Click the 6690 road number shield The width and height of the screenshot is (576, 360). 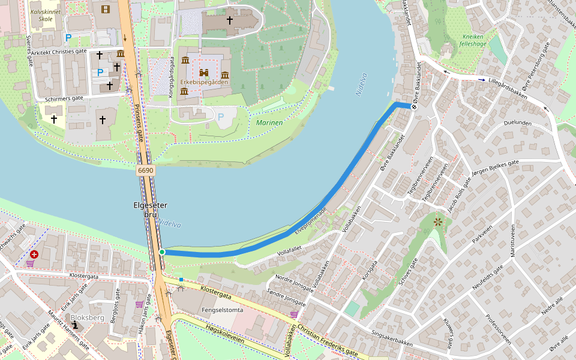click(146, 170)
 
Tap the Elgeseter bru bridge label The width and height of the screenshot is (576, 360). click(150, 210)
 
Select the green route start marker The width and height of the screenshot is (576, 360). click(162, 252)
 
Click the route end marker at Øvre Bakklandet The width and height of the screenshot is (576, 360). click(414, 107)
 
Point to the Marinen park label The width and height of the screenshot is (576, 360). click(269, 122)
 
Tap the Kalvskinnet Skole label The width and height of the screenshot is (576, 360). click(45, 15)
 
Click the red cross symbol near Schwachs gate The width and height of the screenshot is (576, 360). click(34, 254)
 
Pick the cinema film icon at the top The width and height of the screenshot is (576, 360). click(106, 8)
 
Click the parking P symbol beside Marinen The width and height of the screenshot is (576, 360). click(220, 116)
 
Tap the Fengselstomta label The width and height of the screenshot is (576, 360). click(223, 310)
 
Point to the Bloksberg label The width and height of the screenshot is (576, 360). click(88, 317)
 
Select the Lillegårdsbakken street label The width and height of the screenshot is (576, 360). click(508, 88)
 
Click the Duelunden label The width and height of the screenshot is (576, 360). click(518, 122)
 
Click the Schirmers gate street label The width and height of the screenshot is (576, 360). click(60, 98)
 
